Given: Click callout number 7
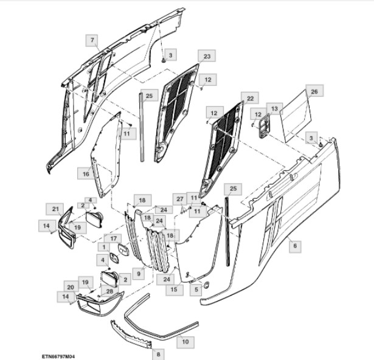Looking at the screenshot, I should [x=92, y=40].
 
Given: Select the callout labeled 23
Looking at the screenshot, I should [x=207, y=56].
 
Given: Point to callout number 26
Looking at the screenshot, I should [x=314, y=91].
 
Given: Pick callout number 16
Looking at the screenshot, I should [x=86, y=174].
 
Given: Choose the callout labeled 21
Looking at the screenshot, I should [x=55, y=209].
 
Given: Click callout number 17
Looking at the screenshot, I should [x=113, y=238].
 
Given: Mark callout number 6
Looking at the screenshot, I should [x=296, y=246].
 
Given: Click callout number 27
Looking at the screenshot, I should [x=179, y=199].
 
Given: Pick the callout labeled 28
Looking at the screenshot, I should [x=110, y=291].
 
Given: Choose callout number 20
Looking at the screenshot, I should [x=70, y=287].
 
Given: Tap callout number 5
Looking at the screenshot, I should [x=196, y=290].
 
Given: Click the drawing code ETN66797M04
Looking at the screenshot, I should [x=63, y=356].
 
